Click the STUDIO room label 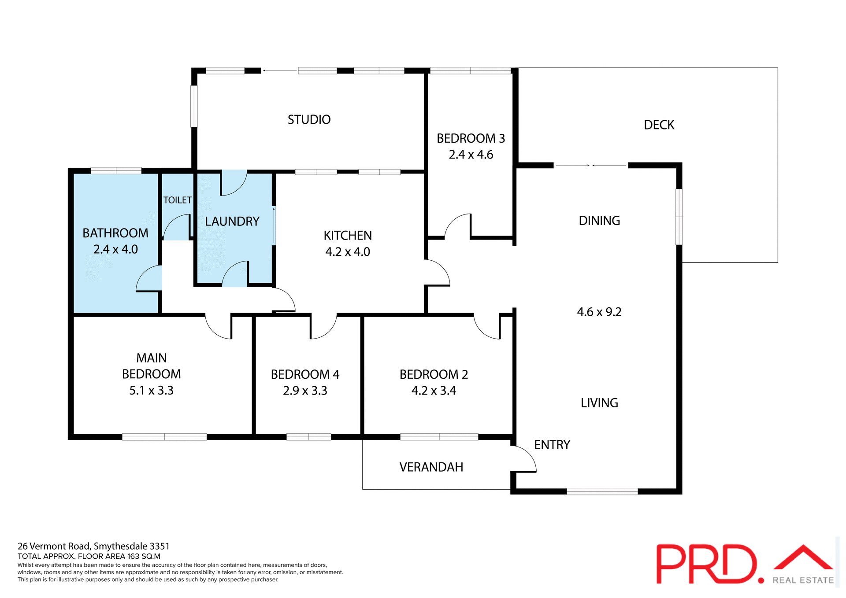pos(309,120)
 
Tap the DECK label pos(659,125)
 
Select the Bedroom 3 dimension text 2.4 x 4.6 pos(471,155)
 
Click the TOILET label pos(178,200)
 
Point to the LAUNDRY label pos(232,221)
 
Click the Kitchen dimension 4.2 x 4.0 pos(347,252)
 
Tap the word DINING pos(599,221)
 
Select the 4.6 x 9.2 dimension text pos(599,312)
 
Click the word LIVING pos(599,403)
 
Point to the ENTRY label pos(552,445)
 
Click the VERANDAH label pos(431,467)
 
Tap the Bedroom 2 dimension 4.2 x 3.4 pos(434,391)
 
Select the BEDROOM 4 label pos(305,374)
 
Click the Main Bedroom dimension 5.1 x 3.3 pos(151,391)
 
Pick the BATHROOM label pos(115,233)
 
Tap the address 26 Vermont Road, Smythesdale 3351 pos(93,546)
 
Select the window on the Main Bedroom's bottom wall pos(164,437)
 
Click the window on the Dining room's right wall pos(679,217)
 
